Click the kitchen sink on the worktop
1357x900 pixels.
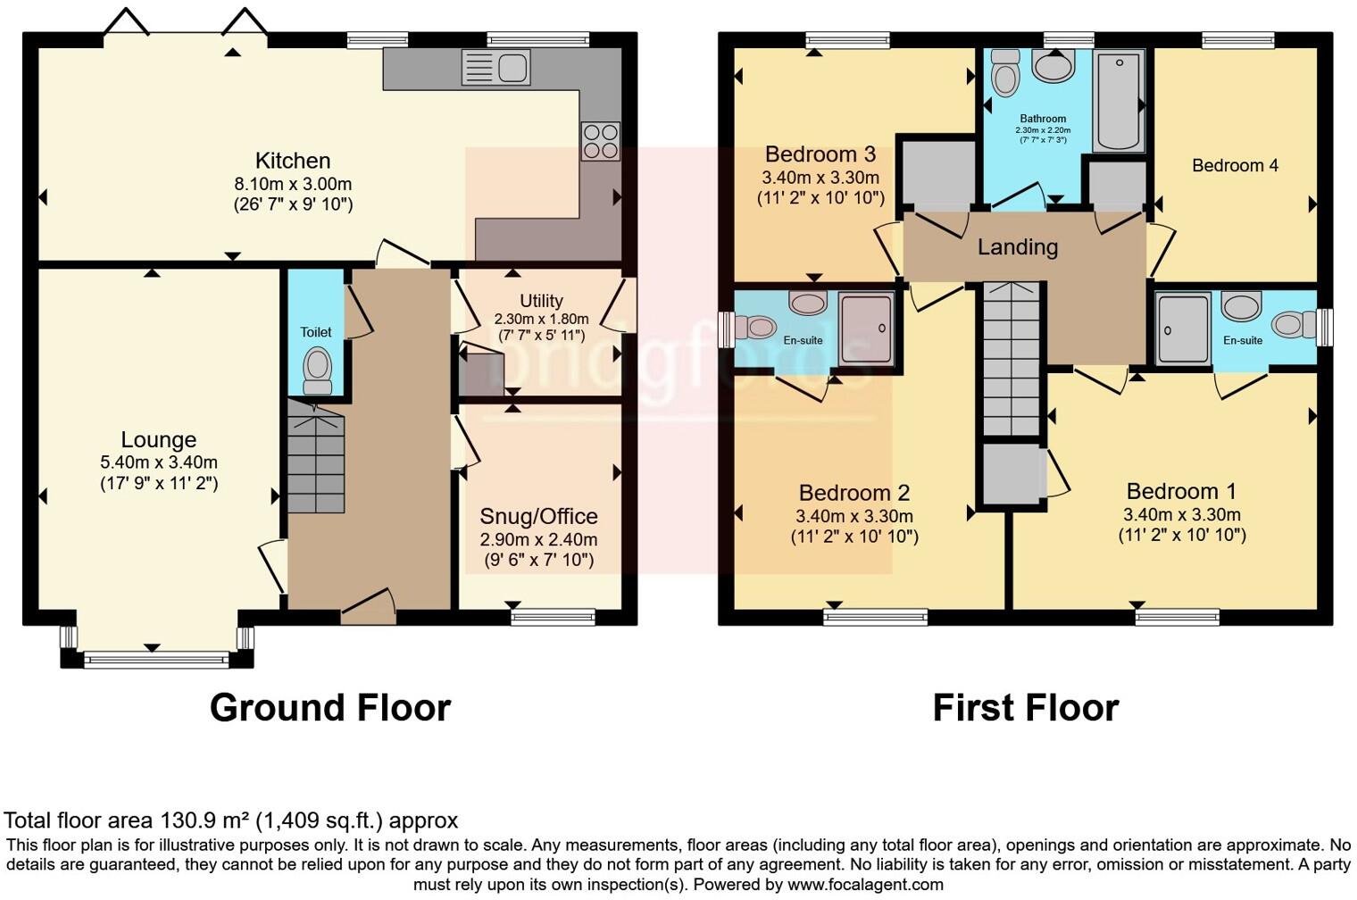(495, 67)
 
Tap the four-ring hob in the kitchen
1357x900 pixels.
(600, 141)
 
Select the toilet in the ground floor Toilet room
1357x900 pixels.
(317, 371)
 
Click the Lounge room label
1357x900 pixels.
(159, 439)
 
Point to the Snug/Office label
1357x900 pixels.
(538, 516)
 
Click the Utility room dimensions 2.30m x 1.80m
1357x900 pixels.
(541, 319)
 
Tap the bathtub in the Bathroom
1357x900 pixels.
(1119, 101)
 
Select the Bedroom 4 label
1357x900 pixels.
(1235, 165)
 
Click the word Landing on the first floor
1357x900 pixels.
(1018, 247)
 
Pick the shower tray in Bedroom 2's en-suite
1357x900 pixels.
(867, 329)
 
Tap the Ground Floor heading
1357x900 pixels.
(330, 707)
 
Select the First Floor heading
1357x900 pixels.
(1026, 707)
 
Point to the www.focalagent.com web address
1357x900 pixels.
(865, 885)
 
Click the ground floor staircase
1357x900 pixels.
(316, 455)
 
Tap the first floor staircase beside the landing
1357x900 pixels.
(1012, 359)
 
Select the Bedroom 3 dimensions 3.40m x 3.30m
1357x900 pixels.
(820, 179)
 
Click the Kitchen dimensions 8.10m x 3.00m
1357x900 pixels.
(293, 184)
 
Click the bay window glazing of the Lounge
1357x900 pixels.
(156, 660)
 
